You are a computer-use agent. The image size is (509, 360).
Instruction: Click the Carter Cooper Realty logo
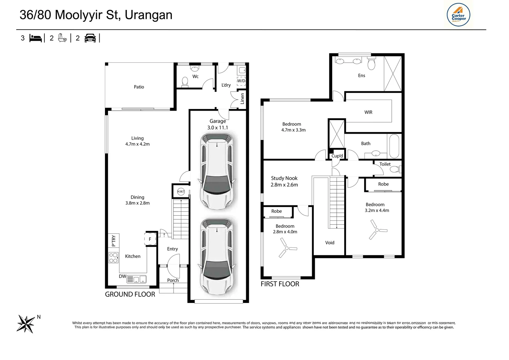(x=458, y=15)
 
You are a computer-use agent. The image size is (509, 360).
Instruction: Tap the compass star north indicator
(x=26, y=324)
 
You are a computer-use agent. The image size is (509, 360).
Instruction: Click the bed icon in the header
(x=36, y=38)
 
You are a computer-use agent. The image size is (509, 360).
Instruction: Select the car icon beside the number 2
(x=90, y=38)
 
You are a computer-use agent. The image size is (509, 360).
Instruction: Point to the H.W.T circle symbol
(x=181, y=191)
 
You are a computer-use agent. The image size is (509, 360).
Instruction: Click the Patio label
(x=139, y=87)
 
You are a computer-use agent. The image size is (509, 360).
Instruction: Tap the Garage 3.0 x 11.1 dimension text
(x=218, y=128)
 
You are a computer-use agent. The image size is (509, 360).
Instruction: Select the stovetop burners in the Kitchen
(x=113, y=258)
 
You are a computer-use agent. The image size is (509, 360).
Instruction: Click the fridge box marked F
(x=150, y=239)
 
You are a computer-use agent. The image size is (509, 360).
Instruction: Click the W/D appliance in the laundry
(x=241, y=81)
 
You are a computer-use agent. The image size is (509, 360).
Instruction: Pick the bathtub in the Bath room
(x=394, y=146)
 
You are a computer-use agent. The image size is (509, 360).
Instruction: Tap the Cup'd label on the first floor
(x=337, y=156)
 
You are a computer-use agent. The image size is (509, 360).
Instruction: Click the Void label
(x=330, y=243)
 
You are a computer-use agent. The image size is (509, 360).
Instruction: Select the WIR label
(x=368, y=112)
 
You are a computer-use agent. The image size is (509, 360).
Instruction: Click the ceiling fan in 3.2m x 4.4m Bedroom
(x=377, y=230)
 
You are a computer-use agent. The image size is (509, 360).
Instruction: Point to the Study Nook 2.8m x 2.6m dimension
(x=284, y=185)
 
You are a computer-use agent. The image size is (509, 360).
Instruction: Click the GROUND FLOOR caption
(x=130, y=294)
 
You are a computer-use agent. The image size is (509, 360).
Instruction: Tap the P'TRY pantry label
(x=114, y=241)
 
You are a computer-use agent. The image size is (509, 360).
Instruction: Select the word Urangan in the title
(x=149, y=15)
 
